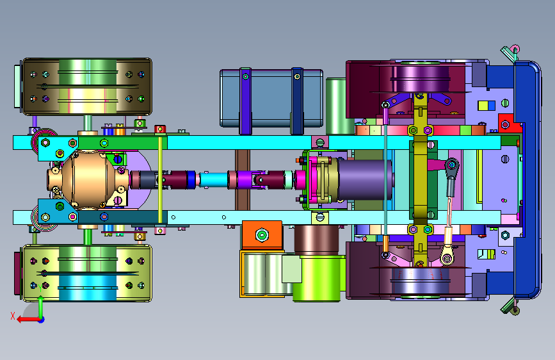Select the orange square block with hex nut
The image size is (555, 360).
262,235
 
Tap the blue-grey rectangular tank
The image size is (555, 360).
271,98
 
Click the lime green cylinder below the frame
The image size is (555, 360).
318,279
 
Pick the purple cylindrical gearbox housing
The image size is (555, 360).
365,179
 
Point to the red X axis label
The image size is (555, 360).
13,316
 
